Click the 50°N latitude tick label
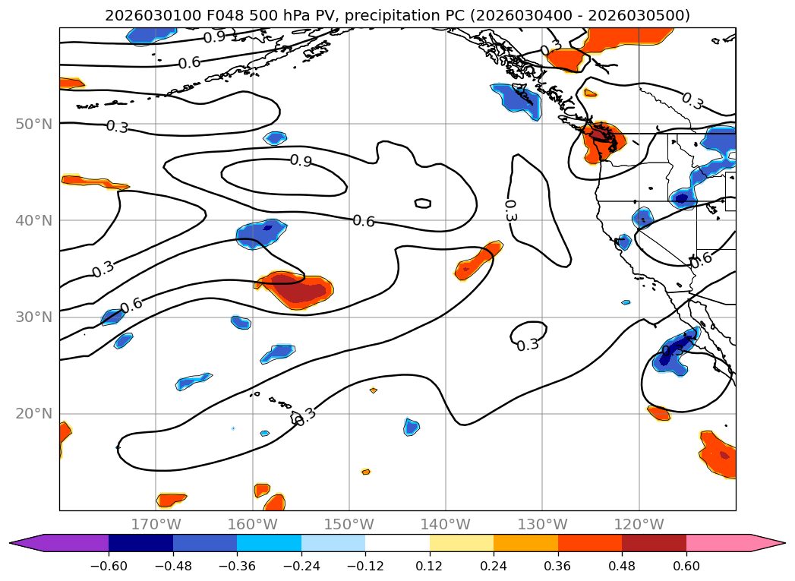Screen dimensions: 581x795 33,124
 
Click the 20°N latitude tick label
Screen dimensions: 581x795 33,414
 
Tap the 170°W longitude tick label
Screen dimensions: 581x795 156,524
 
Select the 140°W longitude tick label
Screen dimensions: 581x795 446,524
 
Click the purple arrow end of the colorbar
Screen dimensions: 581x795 23,543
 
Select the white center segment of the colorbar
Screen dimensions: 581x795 397,543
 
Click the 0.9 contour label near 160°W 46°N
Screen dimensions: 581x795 301,161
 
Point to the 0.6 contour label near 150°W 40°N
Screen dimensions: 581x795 364,221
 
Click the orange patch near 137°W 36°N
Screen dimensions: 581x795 478,261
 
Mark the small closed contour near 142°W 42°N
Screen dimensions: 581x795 423,203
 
